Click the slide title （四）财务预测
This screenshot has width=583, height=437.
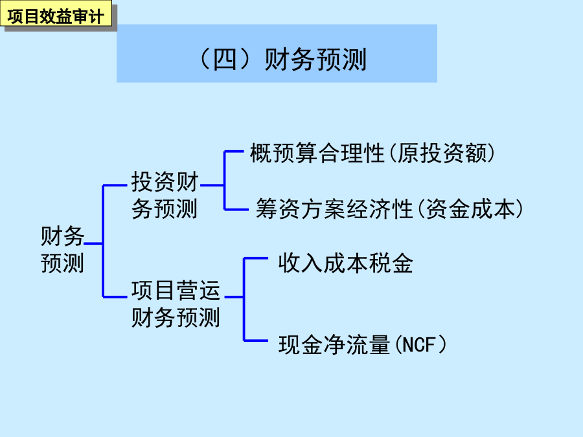pyautogui.click(x=282, y=60)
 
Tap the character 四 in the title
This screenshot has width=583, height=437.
pyautogui.click(x=224, y=60)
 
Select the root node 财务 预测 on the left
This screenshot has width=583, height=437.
pyautogui.click(x=62, y=249)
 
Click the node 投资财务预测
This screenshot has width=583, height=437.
pyautogui.click(x=165, y=195)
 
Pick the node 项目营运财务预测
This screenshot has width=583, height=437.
pyautogui.click(x=176, y=304)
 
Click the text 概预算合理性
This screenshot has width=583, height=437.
pyautogui.click(x=317, y=153)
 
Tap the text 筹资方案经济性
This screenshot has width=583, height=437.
pyautogui.click(x=334, y=209)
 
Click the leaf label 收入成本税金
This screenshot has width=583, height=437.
pyautogui.click(x=345, y=263)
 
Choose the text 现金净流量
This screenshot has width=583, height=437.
pyautogui.click(x=334, y=344)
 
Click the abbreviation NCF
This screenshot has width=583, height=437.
pyautogui.click(x=418, y=345)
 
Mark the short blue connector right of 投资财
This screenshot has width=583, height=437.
pyautogui.click(x=212, y=185)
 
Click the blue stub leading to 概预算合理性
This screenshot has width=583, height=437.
pyautogui.click(x=234, y=151)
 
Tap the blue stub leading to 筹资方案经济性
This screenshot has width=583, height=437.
pyautogui.click(x=236, y=210)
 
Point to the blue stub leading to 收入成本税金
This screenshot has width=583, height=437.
pyautogui.click(x=256, y=258)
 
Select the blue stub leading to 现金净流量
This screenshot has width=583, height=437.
pyautogui.click(x=256, y=340)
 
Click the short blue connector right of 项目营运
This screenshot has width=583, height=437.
pyautogui.click(x=234, y=297)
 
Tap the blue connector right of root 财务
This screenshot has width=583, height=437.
pyautogui.click(x=93, y=244)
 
